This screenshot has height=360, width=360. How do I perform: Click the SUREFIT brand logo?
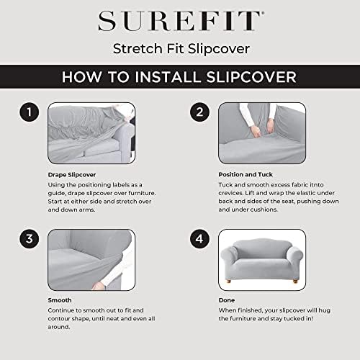pyautogui.click(x=181, y=21)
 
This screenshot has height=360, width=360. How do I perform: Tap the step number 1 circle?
pyautogui.click(x=30, y=112)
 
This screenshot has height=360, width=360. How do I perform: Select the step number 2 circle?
pyautogui.click(x=199, y=112)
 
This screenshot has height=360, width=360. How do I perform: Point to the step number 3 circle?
pyautogui.click(x=30, y=239)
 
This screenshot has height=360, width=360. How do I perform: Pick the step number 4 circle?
pyautogui.click(x=199, y=239)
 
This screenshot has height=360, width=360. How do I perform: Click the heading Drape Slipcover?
pyautogui.click(x=72, y=175)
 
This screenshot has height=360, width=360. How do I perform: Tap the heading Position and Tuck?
pyautogui.click(x=246, y=174)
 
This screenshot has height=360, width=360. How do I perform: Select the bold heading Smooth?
pyautogui.click(x=60, y=300)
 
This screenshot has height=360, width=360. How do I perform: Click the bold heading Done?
pyautogui.click(x=227, y=300)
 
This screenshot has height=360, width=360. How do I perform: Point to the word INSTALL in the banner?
pyautogui.click(x=168, y=77)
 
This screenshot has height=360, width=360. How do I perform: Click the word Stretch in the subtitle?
pyautogui.click(x=138, y=48)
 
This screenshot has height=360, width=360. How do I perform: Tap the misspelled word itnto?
pyautogui.click(x=316, y=185)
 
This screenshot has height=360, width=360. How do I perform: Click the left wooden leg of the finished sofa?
pyautogui.click(x=228, y=282)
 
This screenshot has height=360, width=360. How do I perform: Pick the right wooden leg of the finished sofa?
pyautogui.click(x=295, y=282)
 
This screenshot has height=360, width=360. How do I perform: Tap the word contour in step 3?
pyautogui.click(x=59, y=319)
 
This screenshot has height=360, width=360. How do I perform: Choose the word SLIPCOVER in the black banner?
pyautogui.click(x=251, y=77)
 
